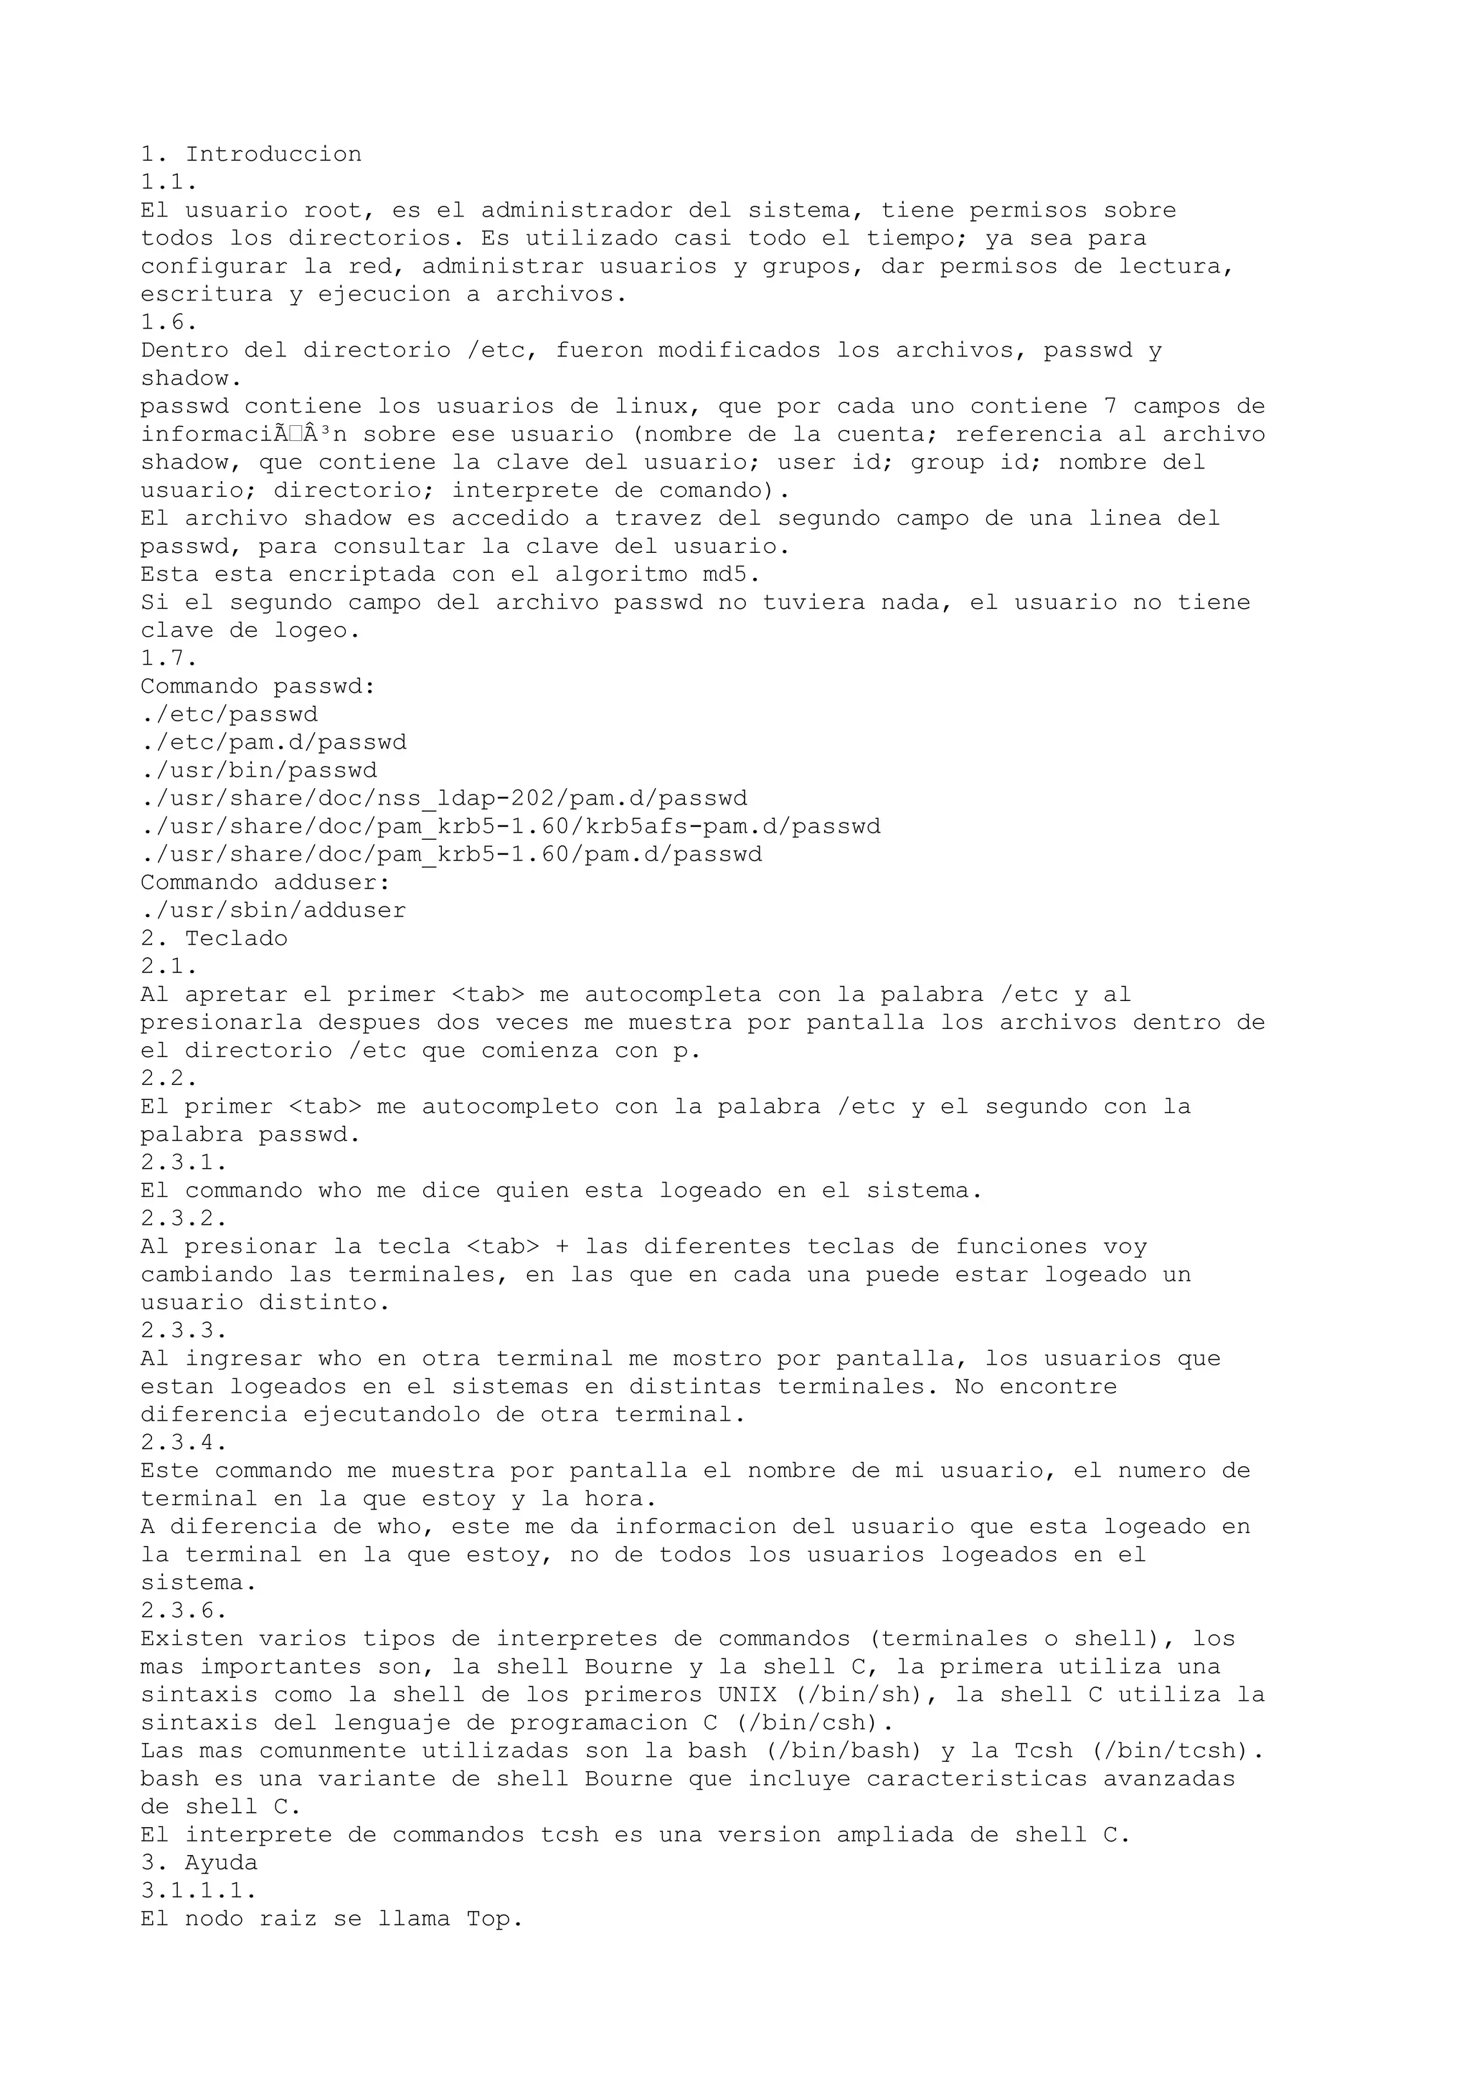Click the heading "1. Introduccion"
[251, 155]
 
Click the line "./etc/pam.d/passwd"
[273, 743]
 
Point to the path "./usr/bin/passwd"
[259, 771]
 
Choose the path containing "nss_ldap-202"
[443, 800]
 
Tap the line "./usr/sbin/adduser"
[273, 911]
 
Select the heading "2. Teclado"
[214, 939]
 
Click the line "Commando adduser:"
[265, 883]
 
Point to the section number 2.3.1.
[184, 1163]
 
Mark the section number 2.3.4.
[184, 1443]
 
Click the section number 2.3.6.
[184, 1611]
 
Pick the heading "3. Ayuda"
[199, 1863]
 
